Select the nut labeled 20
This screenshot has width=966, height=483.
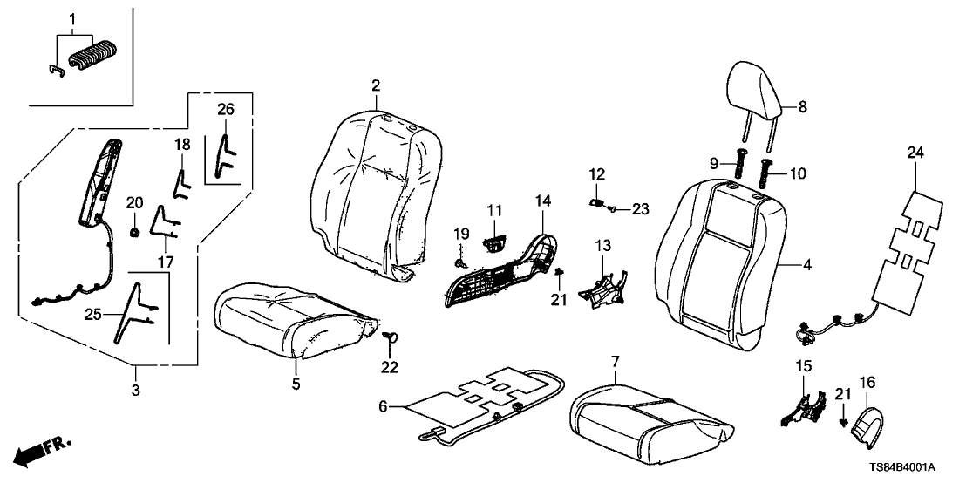(x=136, y=231)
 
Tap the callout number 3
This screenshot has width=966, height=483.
(x=136, y=391)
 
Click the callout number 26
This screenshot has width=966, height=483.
(x=226, y=109)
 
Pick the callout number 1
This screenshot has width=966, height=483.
(x=73, y=18)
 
